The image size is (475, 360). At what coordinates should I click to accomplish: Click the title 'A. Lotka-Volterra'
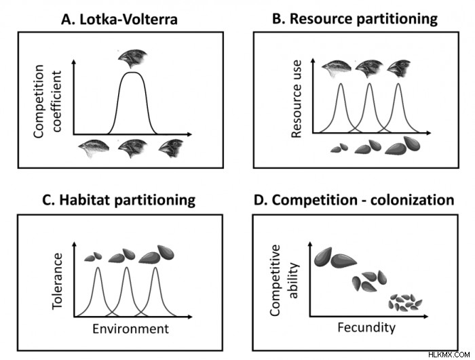119,20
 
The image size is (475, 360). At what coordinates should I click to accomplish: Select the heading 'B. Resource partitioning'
355,19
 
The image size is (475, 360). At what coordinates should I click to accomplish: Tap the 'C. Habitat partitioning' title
119,201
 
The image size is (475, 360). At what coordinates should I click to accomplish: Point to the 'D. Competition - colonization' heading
354,200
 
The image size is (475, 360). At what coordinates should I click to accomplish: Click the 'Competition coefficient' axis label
47,102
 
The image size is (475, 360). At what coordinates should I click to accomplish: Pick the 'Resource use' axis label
297,99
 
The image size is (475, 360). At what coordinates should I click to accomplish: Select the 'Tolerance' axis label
57,281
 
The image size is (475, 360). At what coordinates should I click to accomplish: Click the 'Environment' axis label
130,329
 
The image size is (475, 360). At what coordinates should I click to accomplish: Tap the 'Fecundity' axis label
366,328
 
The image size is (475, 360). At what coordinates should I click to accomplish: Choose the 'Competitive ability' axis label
284,281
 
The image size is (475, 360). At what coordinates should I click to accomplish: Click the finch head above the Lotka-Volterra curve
132,58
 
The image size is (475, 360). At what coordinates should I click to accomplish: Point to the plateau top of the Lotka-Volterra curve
132,73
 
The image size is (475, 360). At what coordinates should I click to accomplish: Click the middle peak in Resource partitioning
369,84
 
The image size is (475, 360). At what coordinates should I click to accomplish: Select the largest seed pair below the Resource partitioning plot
402,145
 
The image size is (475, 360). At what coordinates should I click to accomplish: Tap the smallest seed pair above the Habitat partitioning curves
93,257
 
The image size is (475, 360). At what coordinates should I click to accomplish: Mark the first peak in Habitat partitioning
98,268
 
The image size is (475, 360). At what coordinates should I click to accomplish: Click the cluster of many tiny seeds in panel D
405,302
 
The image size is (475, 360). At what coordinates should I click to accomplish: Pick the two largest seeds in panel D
335,258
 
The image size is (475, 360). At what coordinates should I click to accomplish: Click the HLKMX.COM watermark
449,355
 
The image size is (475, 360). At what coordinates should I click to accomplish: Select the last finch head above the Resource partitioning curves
399,68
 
